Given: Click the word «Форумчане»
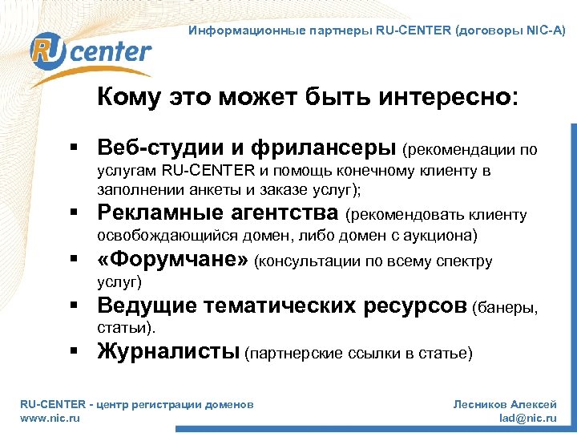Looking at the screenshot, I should point(172,261).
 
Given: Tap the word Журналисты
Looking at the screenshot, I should point(168,351).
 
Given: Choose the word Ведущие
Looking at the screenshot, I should point(147,306).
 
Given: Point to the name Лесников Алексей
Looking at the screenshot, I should point(505,405).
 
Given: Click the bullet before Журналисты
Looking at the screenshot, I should point(72,352).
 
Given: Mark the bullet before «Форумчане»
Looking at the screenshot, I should point(72,261).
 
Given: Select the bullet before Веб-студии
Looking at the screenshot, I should point(72,149).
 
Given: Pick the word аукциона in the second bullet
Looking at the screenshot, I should point(444,235).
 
